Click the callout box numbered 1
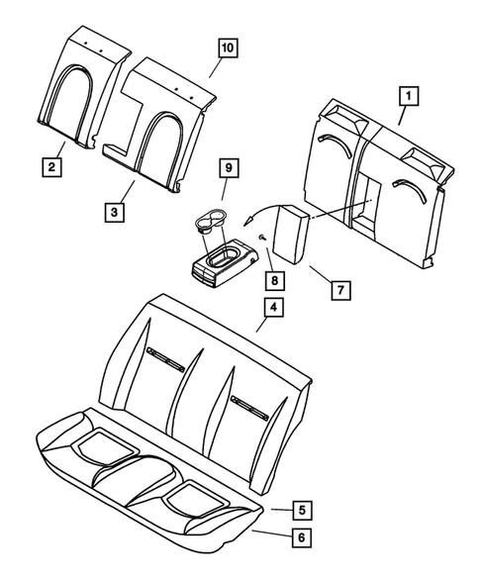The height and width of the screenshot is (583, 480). pos(408,96)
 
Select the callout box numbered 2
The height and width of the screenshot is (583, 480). pos(51,167)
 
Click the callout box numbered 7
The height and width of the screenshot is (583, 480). pos(339,290)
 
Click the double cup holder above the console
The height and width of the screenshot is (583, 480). pos(207,220)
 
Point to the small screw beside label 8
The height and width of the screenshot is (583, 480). pos(260,238)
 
